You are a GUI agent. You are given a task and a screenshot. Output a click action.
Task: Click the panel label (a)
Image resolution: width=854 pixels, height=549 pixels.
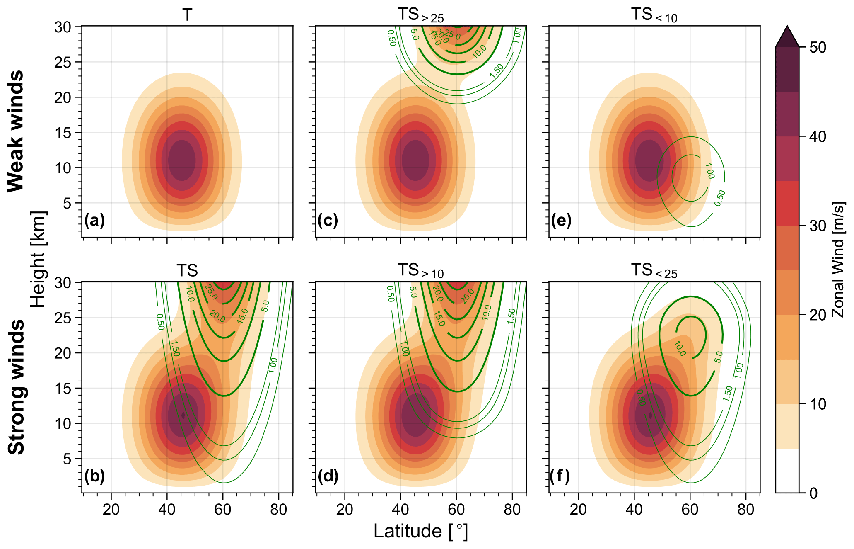pyautogui.click(x=94, y=220)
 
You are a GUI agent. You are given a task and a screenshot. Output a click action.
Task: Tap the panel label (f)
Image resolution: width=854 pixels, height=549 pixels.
pyautogui.click(x=560, y=476)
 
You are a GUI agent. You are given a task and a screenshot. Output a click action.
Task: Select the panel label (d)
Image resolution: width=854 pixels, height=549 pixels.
pyautogui.click(x=328, y=476)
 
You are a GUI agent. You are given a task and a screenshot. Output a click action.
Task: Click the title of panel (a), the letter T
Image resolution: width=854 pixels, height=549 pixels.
pyautogui.click(x=187, y=15)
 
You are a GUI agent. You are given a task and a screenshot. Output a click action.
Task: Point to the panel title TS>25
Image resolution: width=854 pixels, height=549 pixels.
pyautogui.click(x=420, y=15)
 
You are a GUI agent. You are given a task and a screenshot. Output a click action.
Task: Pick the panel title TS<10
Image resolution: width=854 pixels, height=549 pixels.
pyautogui.click(x=654, y=15)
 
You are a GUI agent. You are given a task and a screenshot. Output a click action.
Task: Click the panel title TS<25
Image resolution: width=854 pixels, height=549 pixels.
pyautogui.click(x=654, y=271)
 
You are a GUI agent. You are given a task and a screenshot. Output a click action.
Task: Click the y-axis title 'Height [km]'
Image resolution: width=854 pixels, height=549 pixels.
pyautogui.click(x=39, y=260)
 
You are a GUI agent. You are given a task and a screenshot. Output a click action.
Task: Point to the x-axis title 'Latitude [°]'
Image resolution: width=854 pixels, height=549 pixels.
pyautogui.click(x=420, y=531)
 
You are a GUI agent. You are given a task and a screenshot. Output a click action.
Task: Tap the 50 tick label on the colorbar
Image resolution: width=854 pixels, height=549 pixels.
pyautogui.click(x=818, y=48)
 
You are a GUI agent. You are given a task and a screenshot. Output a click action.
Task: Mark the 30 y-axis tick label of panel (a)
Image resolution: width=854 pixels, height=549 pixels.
pyautogui.click(x=63, y=27)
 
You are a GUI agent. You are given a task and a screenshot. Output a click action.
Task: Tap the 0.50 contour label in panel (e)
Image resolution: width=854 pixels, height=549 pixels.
pyautogui.click(x=720, y=198)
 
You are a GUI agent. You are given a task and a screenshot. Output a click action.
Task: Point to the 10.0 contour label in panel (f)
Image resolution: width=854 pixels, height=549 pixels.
pyautogui.click(x=680, y=349)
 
